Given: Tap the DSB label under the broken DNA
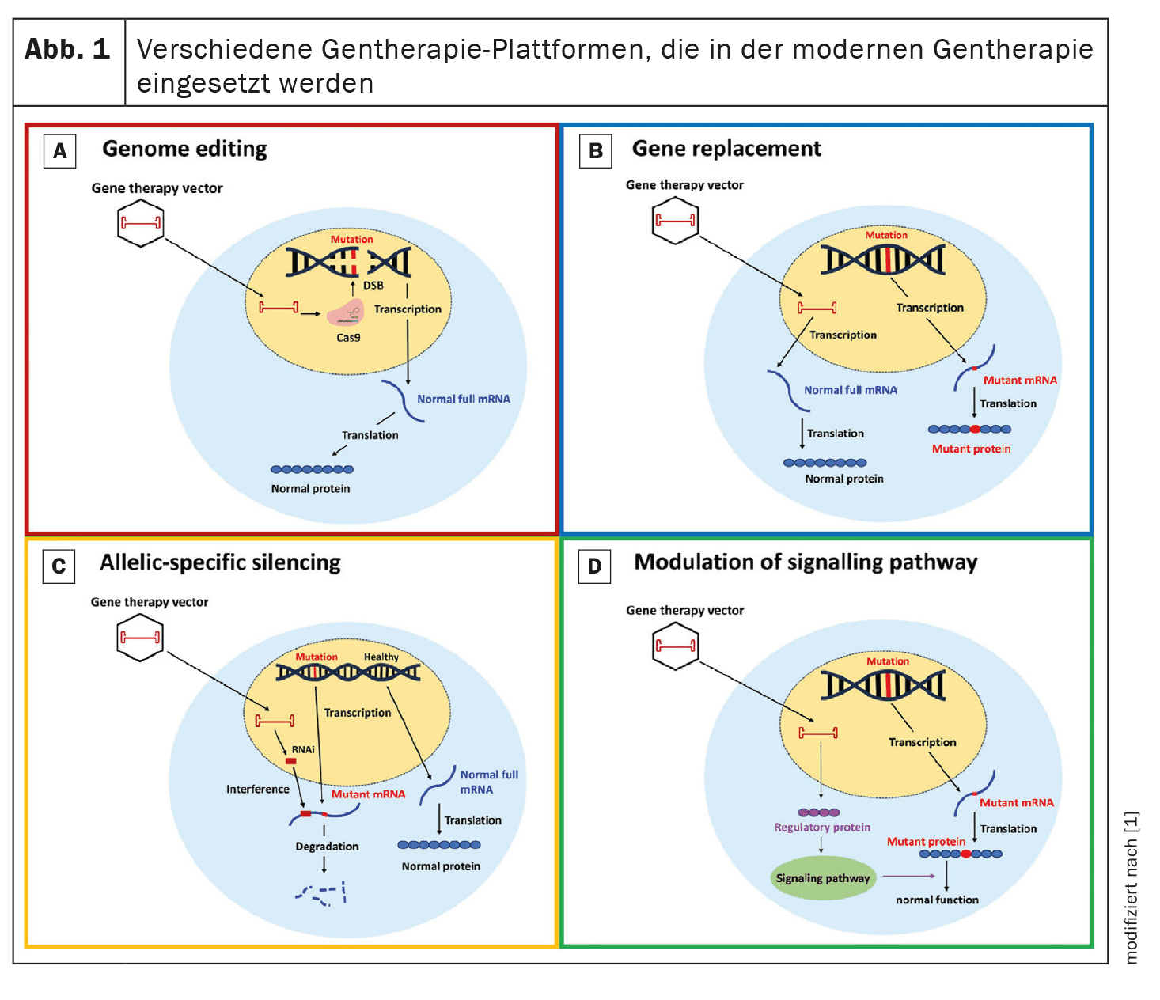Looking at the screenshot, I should [x=373, y=285].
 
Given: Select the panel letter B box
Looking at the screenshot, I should [x=596, y=151].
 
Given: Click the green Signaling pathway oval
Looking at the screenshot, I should [x=822, y=878].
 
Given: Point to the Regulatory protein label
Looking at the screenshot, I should [x=822, y=828].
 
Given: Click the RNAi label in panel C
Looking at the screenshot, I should [x=303, y=749].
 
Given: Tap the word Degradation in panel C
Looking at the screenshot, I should [x=327, y=847].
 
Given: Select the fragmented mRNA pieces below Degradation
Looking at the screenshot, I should [x=321, y=894].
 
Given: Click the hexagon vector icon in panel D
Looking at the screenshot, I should [x=675, y=646].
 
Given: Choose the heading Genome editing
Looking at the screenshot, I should [x=184, y=149].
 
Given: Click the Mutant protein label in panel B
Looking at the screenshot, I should [x=971, y=449].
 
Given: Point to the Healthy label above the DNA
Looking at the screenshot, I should [x=381, y=657].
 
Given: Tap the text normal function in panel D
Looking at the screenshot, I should [x=937, y=900].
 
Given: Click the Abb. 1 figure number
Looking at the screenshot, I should [x=67, y=50].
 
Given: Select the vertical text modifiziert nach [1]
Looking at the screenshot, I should [x=1132, y=887].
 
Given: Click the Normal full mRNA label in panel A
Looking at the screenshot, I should [x=464, y=400].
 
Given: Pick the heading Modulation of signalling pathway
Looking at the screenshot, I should [x=806, y=562].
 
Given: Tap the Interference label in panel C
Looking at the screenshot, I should [x=258, y=790].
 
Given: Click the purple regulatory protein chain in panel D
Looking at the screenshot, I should [x=819, y=812].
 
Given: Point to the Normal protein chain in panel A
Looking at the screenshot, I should [x=312, y=469].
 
